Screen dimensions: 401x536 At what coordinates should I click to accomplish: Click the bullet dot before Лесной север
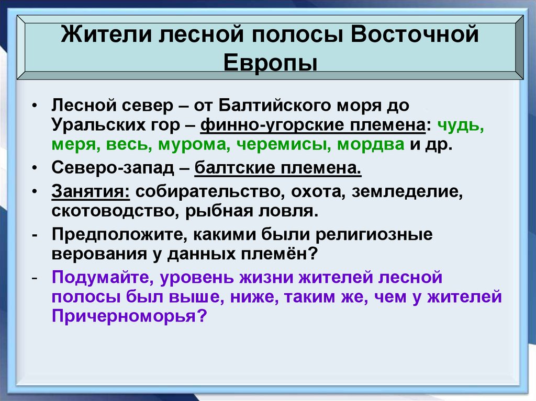click(x=33, y=106)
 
